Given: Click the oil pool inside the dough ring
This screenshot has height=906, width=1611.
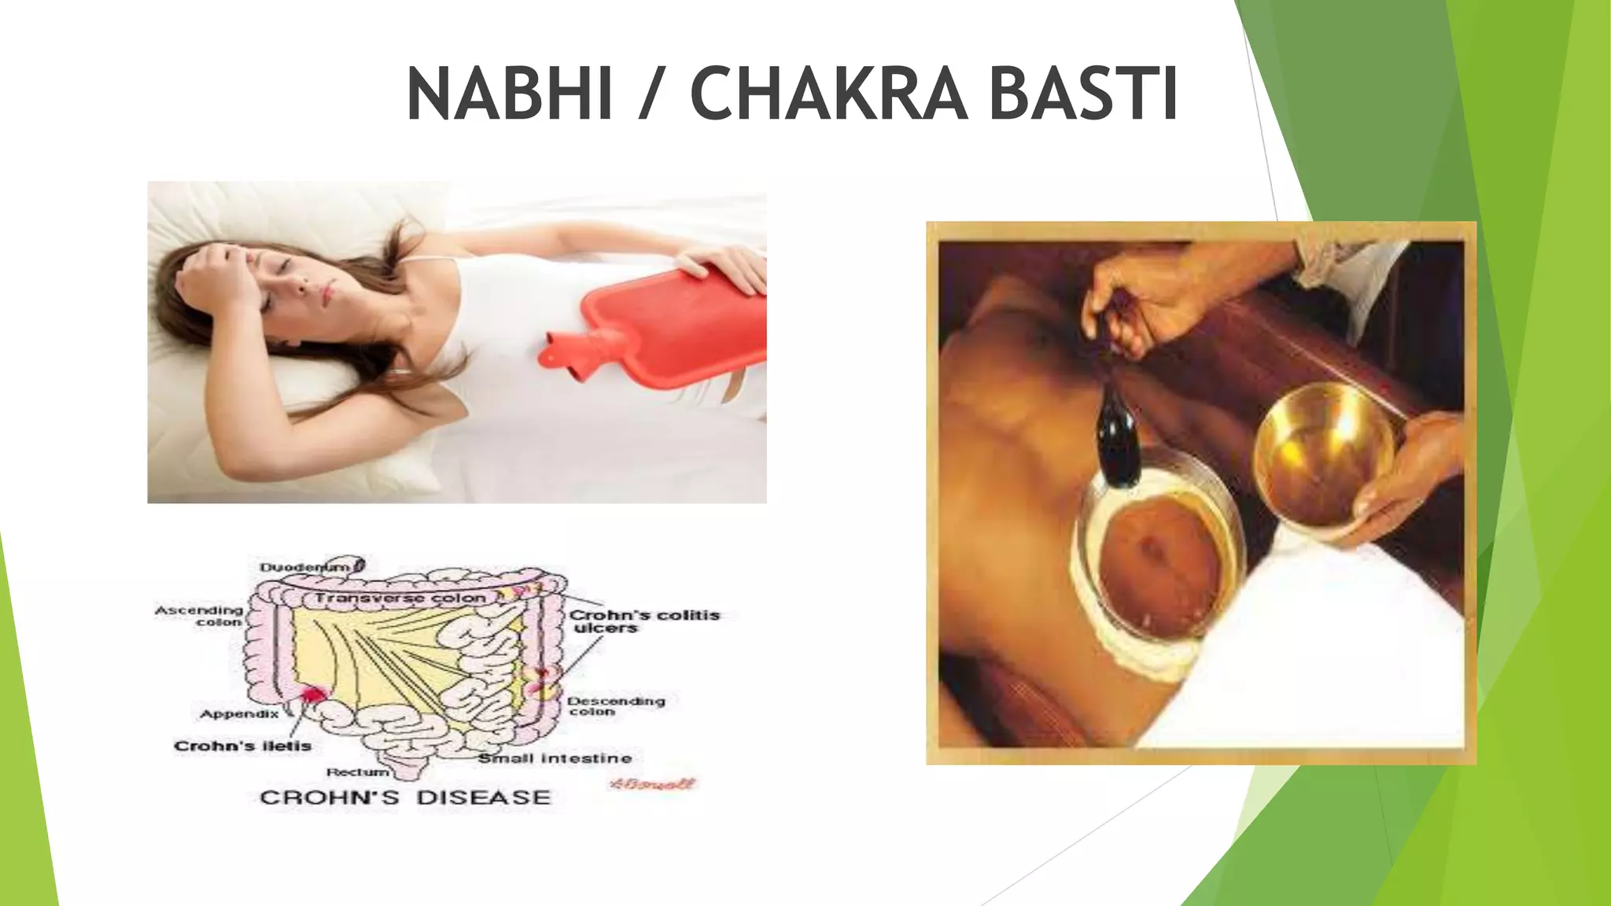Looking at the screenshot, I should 1163,566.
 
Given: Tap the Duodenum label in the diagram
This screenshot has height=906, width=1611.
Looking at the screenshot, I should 305,567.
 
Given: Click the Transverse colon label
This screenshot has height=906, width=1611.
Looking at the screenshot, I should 400,598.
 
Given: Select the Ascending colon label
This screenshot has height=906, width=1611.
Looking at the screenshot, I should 200,615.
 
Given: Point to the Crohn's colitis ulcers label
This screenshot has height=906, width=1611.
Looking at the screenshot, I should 643,621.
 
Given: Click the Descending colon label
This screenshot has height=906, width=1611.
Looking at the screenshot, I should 615,705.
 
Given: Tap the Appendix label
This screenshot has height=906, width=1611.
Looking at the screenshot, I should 239,714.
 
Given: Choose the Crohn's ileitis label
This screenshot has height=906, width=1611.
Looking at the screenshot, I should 242,746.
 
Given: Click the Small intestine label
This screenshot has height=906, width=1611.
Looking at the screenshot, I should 555,758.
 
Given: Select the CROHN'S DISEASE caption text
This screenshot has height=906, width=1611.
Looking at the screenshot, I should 405,797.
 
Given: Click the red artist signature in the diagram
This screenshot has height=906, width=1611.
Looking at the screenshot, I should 652,783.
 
